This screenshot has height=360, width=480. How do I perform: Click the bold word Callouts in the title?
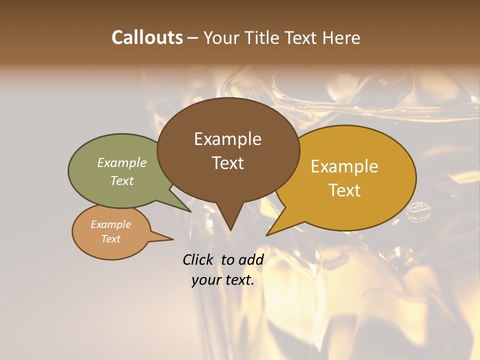pos(147,37)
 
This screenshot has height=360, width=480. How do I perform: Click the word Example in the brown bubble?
pos(227,139)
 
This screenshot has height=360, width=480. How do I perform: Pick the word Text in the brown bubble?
pos(227,163)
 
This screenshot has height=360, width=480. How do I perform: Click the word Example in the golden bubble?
pos(344,166)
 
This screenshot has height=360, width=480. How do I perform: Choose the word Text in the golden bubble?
pos(344,190)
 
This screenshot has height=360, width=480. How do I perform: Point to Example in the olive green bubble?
pos(122,163)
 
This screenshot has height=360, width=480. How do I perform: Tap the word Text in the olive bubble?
pos(122,181)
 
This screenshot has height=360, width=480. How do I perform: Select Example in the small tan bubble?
pos(111,224)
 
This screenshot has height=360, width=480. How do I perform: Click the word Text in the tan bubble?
pos(111,239)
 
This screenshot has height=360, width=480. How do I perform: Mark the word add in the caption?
pos(251,259)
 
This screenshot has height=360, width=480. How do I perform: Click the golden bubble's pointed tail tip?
pos(267,234)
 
